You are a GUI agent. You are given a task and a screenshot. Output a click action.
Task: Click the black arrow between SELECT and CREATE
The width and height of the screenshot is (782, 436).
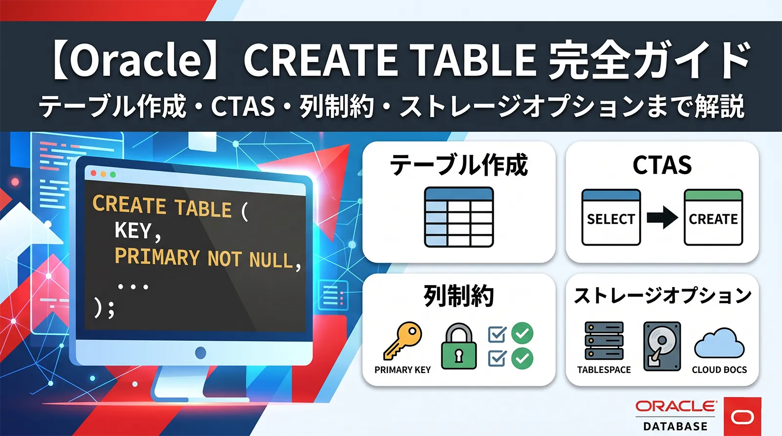(x=662, y=218)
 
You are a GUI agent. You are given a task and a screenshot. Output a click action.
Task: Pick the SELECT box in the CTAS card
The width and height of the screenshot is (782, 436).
(x=611, y=218)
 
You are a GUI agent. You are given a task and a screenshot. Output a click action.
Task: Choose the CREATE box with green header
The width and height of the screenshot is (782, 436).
(x=713, y=218)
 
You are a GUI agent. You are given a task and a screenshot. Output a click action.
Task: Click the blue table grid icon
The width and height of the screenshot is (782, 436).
(x=459, y=217)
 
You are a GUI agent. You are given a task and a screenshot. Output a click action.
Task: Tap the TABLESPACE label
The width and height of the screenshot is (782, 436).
(x=604, y=370)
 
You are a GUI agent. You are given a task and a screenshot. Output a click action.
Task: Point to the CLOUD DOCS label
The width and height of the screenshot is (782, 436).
(x=719, y=370)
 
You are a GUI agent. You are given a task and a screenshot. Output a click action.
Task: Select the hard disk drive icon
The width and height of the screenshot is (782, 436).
(x=662, y=346)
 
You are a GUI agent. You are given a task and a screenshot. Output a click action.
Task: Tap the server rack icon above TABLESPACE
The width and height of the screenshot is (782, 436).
(x=604, y=341)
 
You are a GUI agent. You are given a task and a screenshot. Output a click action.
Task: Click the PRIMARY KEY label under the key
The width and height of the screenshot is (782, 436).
(x=403, y=370)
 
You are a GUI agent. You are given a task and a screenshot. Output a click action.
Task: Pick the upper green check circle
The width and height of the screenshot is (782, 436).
(x=522, y=333)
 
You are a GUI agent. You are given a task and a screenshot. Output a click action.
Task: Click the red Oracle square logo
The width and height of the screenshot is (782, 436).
(x=742, y=416)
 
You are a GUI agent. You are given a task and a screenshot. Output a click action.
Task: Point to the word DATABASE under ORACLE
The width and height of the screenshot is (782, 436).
(x=675, y=426)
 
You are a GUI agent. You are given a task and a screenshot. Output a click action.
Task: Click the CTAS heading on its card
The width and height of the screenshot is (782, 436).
(x=662, y=165)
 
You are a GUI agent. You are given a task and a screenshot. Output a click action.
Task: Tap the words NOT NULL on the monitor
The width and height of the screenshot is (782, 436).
(x=250, y=259)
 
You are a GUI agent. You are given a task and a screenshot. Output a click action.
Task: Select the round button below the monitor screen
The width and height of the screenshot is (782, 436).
(x=200, y=353)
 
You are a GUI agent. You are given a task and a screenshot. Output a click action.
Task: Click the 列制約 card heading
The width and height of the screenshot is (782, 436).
(x=458, y=296)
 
